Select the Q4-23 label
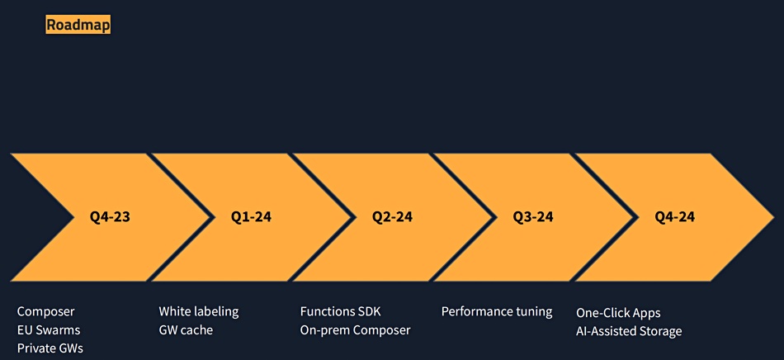tap(110, 217)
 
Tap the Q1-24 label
tap(251, 217)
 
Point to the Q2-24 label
tap(393, 217)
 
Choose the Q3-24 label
tap(533, 217)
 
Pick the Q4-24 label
tap(675, 217)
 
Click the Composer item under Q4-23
tap(46, 312)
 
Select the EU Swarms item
tap(49, 330)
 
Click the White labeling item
tap(199, 312)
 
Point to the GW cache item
tap(186, 330)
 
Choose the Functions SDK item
tap(341, 312)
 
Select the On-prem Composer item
tap(356, 330)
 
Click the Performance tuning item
tap(497, 312)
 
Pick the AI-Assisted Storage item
tap(629, 331)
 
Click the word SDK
tap(369, 312)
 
